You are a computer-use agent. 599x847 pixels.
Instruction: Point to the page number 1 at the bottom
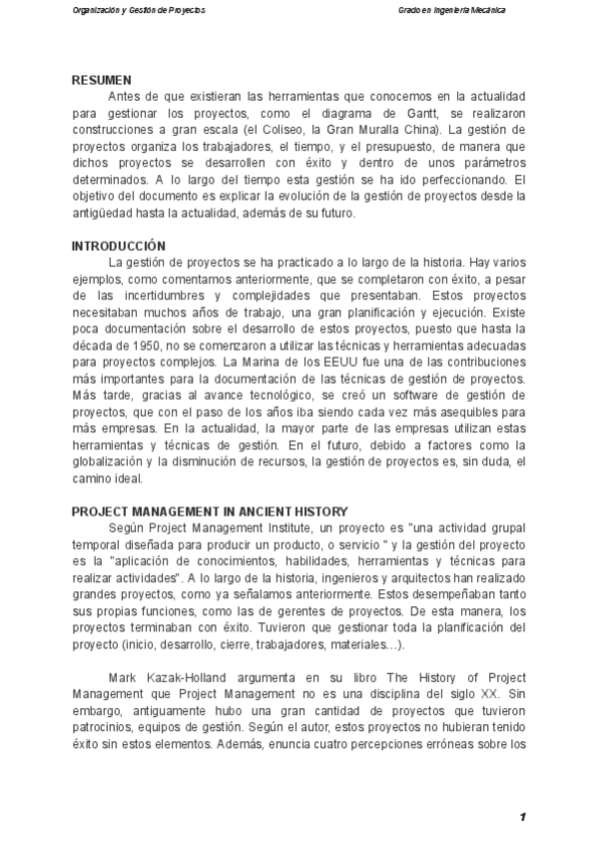pos(522,818)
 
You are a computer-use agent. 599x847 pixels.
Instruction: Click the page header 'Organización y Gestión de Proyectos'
pos(140,10)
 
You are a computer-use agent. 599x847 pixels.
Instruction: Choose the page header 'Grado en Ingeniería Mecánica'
pos(450,10)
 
